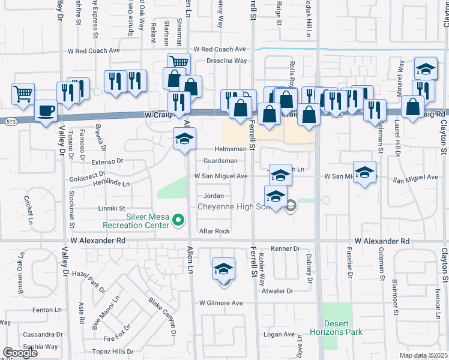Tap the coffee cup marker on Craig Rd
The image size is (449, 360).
coord(46,112)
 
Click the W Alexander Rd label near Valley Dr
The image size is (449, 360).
coord(97,240)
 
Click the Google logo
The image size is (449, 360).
coord(20,352)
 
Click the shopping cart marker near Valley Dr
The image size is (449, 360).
coord(23,93)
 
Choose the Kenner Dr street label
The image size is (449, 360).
coord(285,248)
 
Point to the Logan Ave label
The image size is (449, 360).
coord(279,334)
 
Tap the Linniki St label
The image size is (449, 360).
coord(112,208)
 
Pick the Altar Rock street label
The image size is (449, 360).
coord(215,231)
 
